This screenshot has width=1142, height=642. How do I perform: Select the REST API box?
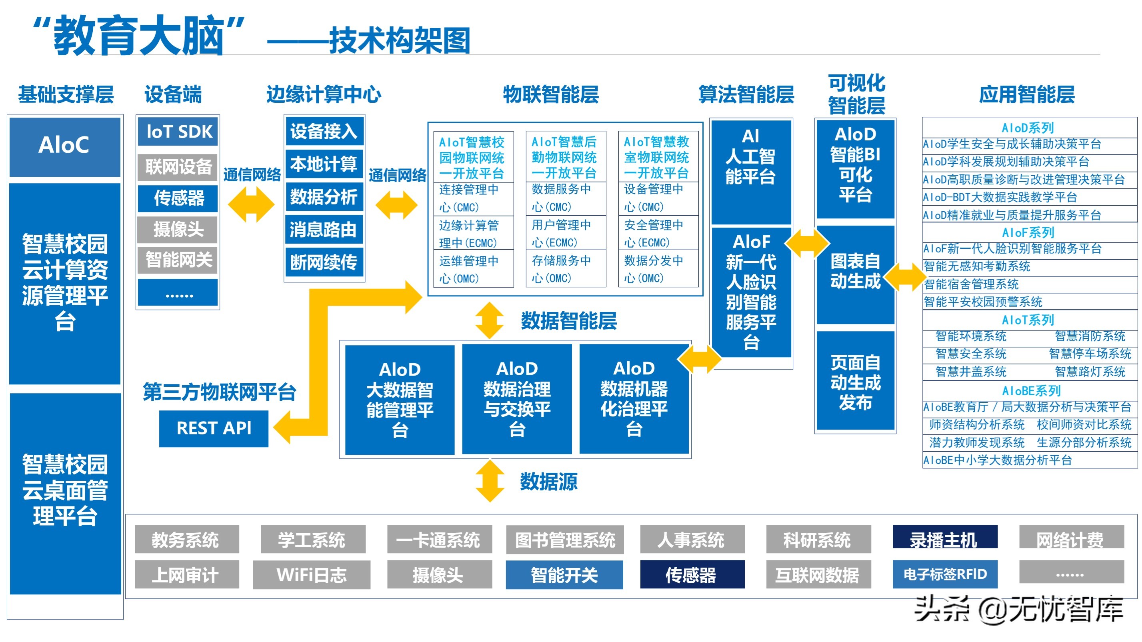point(214,428)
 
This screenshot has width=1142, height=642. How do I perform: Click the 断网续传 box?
point(324,262)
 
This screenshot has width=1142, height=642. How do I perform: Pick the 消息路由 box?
point(324,230)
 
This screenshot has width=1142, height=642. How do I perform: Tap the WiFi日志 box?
point(311,575)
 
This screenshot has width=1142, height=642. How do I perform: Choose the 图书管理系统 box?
point(564,539)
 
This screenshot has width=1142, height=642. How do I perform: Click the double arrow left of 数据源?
point(490,481)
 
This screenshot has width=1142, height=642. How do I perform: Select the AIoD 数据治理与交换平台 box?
point(517,399)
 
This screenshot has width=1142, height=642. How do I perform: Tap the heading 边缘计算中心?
point(323,94)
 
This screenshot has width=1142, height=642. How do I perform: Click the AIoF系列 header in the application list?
point(1028,232)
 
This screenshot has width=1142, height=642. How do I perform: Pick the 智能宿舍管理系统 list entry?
point(971,284)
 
